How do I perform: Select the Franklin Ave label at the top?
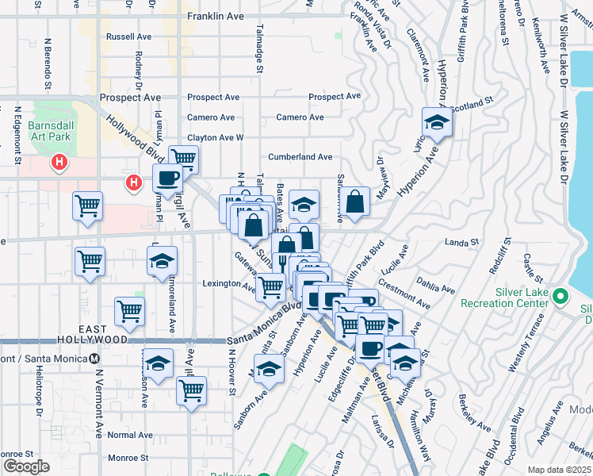click(213, 16)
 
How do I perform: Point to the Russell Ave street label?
click(128, 36)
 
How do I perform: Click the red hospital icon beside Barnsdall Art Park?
click(58, 163)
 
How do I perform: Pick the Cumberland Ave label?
click(300, 157)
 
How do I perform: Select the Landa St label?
click(463, 242)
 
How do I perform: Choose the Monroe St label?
click(128, 458)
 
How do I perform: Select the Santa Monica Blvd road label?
click(263, 326)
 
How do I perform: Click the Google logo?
click(26, 466)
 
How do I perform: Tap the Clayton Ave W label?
click(215, 137)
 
